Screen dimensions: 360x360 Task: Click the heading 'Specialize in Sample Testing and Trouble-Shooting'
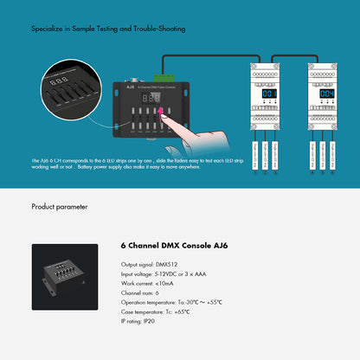(107, 29)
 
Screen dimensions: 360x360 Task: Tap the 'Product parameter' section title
(60, 207)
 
